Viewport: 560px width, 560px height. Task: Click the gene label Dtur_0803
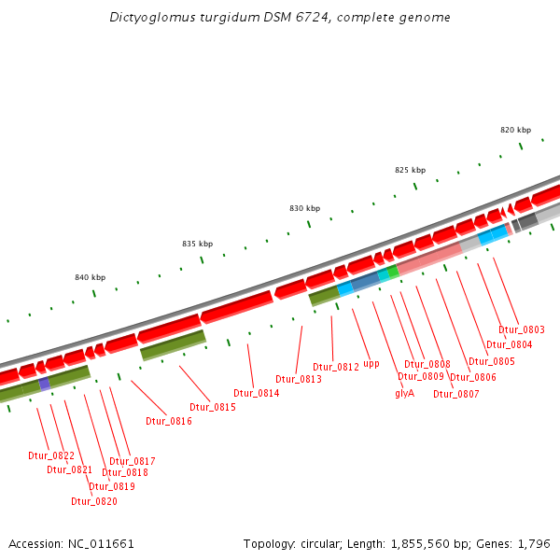pos(522,329)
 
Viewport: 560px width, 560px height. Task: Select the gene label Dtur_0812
pos(336,367)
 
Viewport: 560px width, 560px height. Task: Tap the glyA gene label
pos(404,393)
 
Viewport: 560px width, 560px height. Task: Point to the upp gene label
pos(371,364)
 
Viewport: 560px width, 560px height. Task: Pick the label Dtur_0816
pos(169,421)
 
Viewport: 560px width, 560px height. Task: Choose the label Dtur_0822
pos(51,455)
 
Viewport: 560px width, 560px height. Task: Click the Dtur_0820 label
pos(94,501)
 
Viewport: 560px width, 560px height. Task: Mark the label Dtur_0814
pos(257,393)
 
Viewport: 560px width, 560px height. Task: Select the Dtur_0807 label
pos(456,393)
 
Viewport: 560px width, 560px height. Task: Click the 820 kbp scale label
pos(515,130)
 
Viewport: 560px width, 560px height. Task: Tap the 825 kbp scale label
pos(410,170)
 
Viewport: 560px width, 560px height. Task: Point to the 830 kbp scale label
pos(304,208)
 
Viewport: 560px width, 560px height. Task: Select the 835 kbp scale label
pos(197,244)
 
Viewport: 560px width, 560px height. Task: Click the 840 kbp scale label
pos(90,277)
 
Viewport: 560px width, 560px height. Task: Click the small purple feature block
pos(45,384)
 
